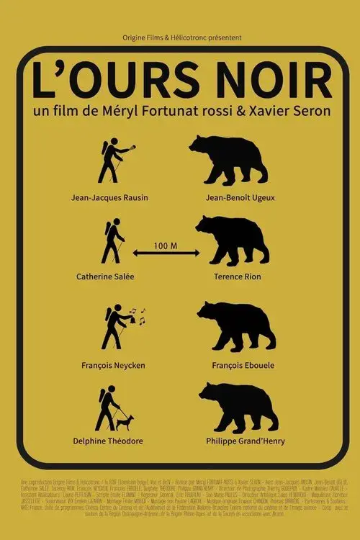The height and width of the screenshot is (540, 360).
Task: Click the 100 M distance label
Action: pos(166,246)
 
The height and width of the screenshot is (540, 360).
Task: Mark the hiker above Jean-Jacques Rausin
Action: pos(112,160)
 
